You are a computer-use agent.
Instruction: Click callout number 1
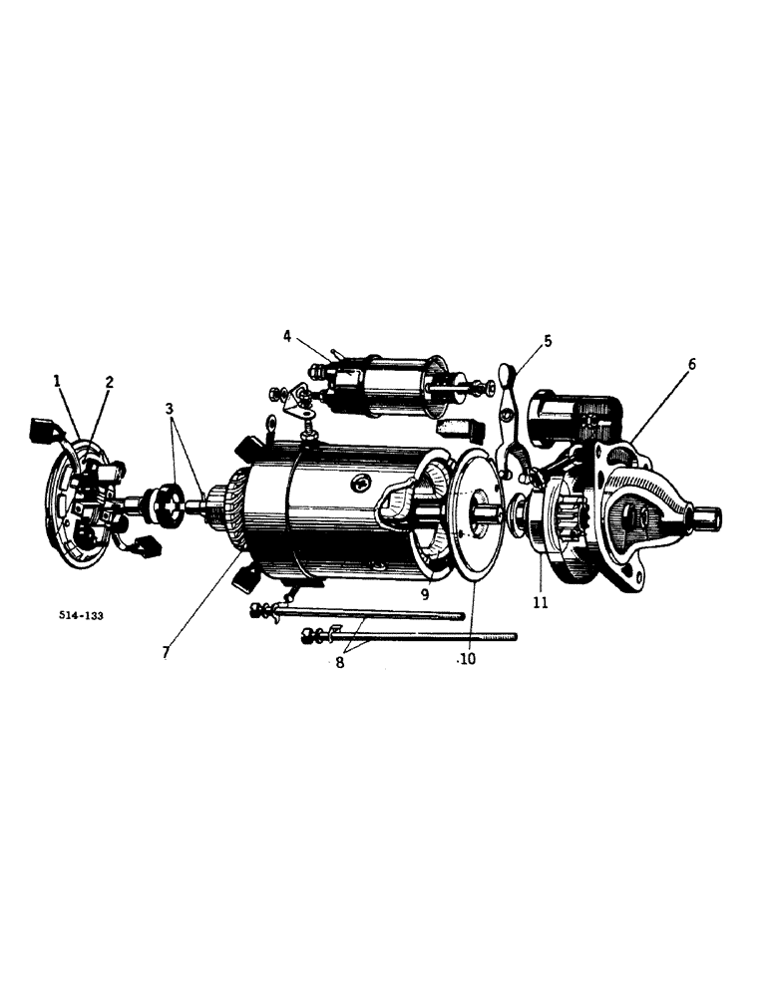coord(58,380)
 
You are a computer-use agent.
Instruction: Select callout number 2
coord(109,381)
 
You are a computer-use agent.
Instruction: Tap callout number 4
coord(287,337)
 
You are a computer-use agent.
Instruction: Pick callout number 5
coord(547,341)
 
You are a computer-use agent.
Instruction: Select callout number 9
coord(424,593)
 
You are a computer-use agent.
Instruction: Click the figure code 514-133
coord(81,616)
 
